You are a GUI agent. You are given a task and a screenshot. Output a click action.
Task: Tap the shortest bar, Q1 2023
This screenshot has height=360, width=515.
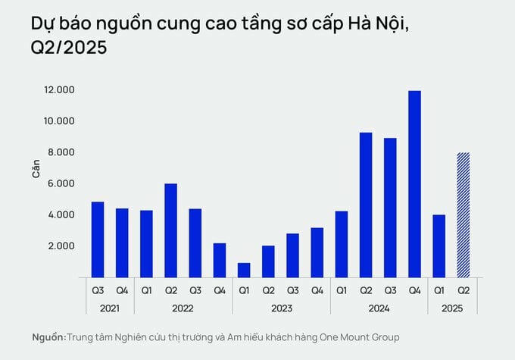coord(244,270)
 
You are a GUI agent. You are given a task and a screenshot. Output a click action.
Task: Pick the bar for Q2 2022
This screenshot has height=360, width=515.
coord(170,230)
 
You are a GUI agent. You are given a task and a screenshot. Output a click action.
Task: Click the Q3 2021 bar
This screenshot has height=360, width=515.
coord(97,239)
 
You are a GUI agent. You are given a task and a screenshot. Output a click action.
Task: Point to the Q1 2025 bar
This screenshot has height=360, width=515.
coord(439,246)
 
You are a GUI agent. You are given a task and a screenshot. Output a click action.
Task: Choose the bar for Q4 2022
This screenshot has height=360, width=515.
coord(220,260)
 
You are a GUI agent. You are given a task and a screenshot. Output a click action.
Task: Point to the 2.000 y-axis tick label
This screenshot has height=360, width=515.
coord(59,246)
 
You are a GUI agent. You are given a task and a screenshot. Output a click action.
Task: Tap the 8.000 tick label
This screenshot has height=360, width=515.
coord(59,152)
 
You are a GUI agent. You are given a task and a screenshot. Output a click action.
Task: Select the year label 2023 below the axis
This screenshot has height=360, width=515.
coord(280,309)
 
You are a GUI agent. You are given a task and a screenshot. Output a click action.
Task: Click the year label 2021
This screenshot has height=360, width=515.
coord(109,309)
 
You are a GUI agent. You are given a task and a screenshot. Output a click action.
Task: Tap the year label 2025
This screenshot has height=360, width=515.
coord(451,309)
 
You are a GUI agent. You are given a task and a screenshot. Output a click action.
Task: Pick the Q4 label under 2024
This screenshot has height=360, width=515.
coord(414,290)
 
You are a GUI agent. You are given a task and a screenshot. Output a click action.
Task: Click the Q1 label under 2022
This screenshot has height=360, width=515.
coord(146,290)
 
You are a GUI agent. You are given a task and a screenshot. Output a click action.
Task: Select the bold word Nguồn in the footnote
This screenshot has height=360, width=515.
coord(48,337)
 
